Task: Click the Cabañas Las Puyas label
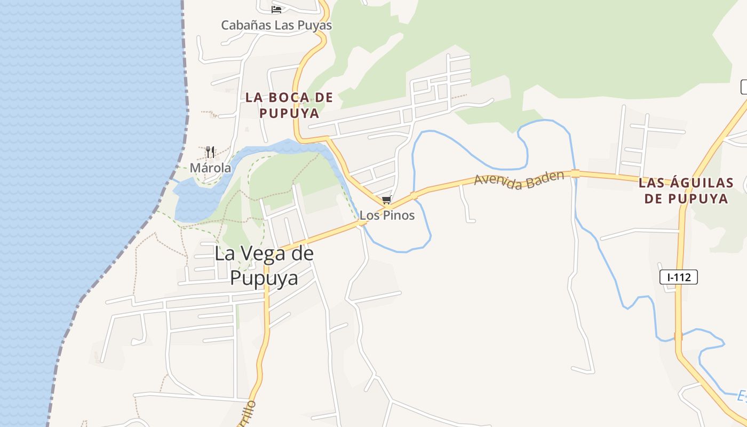(276, 25)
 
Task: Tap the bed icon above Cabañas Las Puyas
(276, 9)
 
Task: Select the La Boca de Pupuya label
(289, 105)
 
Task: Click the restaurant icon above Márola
(210, 152)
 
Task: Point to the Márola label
(211, 168)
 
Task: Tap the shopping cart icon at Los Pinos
(386, 200)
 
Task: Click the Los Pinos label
(387, 216)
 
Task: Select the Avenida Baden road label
(519, 180)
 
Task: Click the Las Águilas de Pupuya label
(686, 191)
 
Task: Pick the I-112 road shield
(679, 277)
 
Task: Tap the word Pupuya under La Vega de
(264, 278)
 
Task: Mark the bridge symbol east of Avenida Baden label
(575, 173)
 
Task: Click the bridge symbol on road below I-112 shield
(678, 336)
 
